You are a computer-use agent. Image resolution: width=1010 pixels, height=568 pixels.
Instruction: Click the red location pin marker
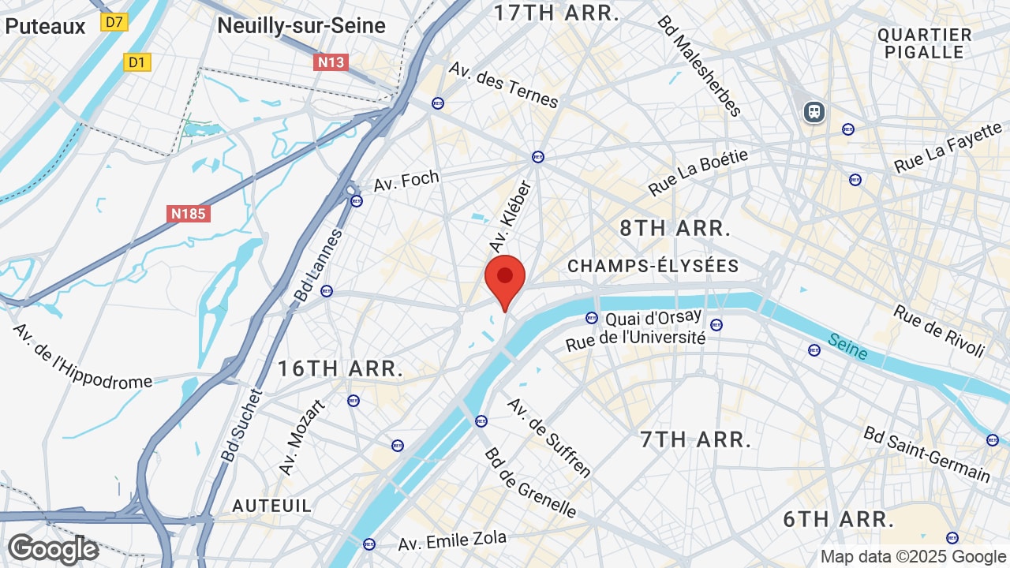[x=505, y=278]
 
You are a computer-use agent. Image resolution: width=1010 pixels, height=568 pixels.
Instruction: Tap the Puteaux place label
[x=45, y=26]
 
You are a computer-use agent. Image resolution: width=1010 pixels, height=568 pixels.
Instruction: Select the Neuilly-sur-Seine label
[x=301, y=26]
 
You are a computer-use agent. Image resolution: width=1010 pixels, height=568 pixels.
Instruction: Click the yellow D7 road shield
[x=114, y=22]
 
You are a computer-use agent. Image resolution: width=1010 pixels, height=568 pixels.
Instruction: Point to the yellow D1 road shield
[x=137, y=62]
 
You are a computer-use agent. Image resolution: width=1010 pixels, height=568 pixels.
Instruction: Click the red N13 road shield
[x=331, y=62]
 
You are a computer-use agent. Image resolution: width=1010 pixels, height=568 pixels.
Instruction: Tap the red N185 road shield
[x=189, y=213]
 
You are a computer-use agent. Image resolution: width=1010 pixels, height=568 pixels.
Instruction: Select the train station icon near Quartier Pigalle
[x=814, y=112]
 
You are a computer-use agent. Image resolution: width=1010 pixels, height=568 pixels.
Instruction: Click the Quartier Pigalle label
[x=924, y=43]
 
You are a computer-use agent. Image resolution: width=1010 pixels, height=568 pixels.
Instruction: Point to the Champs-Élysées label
[x=653, y=266]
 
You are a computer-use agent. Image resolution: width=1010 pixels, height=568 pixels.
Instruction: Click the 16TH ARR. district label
[x=340, y=368]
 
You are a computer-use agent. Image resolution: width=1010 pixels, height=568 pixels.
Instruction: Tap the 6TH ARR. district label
[x=838, y=519]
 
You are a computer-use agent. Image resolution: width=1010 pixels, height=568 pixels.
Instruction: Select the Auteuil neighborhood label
[x=272, y=505]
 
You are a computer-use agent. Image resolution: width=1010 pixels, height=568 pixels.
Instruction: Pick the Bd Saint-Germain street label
[x=926, y=454]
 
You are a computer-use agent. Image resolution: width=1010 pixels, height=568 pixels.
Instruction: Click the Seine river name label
[x=848, y=346]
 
